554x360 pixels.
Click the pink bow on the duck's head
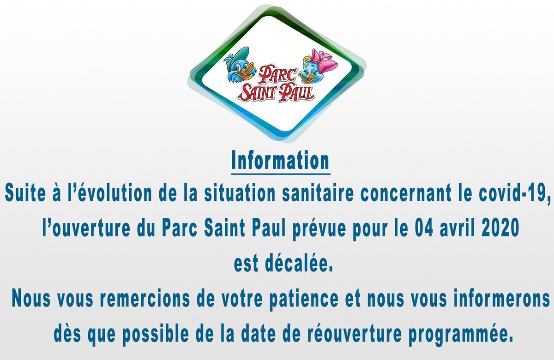[325, 61]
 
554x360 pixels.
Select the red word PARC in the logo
[277, 75]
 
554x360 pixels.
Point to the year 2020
[501, 228]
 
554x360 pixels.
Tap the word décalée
[299, 264]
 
